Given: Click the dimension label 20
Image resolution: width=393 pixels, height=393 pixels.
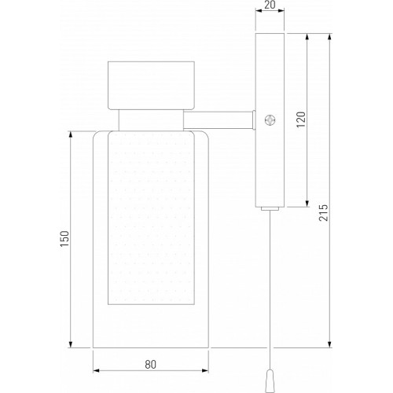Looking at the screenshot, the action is click(270, 5).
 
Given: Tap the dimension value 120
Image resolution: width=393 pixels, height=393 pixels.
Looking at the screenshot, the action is click(301, 119).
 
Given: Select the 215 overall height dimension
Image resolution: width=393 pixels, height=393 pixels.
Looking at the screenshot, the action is click(323, 212).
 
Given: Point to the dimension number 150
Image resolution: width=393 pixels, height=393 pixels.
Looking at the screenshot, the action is click(64, 238).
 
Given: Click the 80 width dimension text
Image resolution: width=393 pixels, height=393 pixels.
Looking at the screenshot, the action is click(151, 365).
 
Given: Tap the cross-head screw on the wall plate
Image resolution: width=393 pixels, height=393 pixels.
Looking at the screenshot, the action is click(270, 120).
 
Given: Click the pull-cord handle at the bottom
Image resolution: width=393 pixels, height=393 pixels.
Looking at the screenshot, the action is click(270, 381).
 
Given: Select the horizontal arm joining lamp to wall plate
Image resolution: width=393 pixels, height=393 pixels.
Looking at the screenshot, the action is click(218, 119).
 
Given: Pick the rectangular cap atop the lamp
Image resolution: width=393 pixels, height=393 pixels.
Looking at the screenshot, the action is click(151, 86).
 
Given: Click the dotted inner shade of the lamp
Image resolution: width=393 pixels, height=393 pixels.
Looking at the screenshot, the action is click(151, 218).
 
